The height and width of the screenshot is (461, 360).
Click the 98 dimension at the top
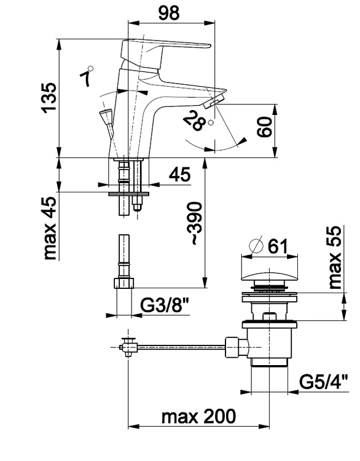coord(169,13)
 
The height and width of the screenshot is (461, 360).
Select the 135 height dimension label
coord(49,98)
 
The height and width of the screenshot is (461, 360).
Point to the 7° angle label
coord(86,76)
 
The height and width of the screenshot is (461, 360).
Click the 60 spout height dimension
coord(265,127)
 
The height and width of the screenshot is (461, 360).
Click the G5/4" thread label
coord(324,382)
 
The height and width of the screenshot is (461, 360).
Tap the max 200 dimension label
coord(198,416)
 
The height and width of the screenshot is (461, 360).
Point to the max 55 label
coord(335,258)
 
